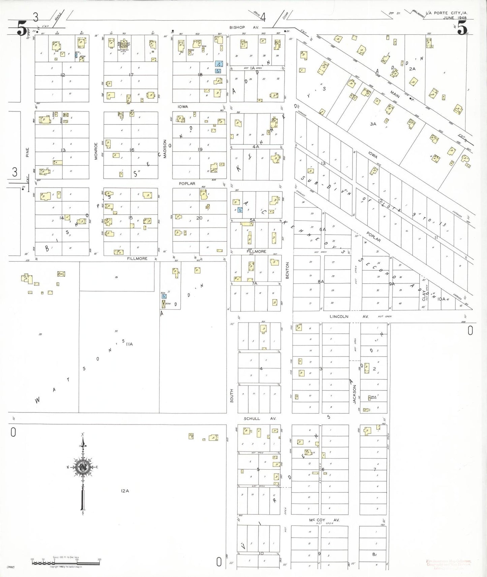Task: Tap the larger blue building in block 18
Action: pos(219,64)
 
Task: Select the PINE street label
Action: pos(28,152)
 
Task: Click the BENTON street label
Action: pos(287,270)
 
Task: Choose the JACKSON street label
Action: pos(354,394)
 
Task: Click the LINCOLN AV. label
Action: pos(348,316)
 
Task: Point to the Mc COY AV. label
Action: pos(324,520)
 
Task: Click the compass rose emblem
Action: pos(83,468)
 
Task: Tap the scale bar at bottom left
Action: pos(66,562)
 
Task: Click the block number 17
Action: pos(131,75)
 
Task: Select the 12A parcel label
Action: pos(125,491)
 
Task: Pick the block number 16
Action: pos(132,150)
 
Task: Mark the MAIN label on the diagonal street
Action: pos(395,94)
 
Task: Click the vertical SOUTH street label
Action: pos(232,396)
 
